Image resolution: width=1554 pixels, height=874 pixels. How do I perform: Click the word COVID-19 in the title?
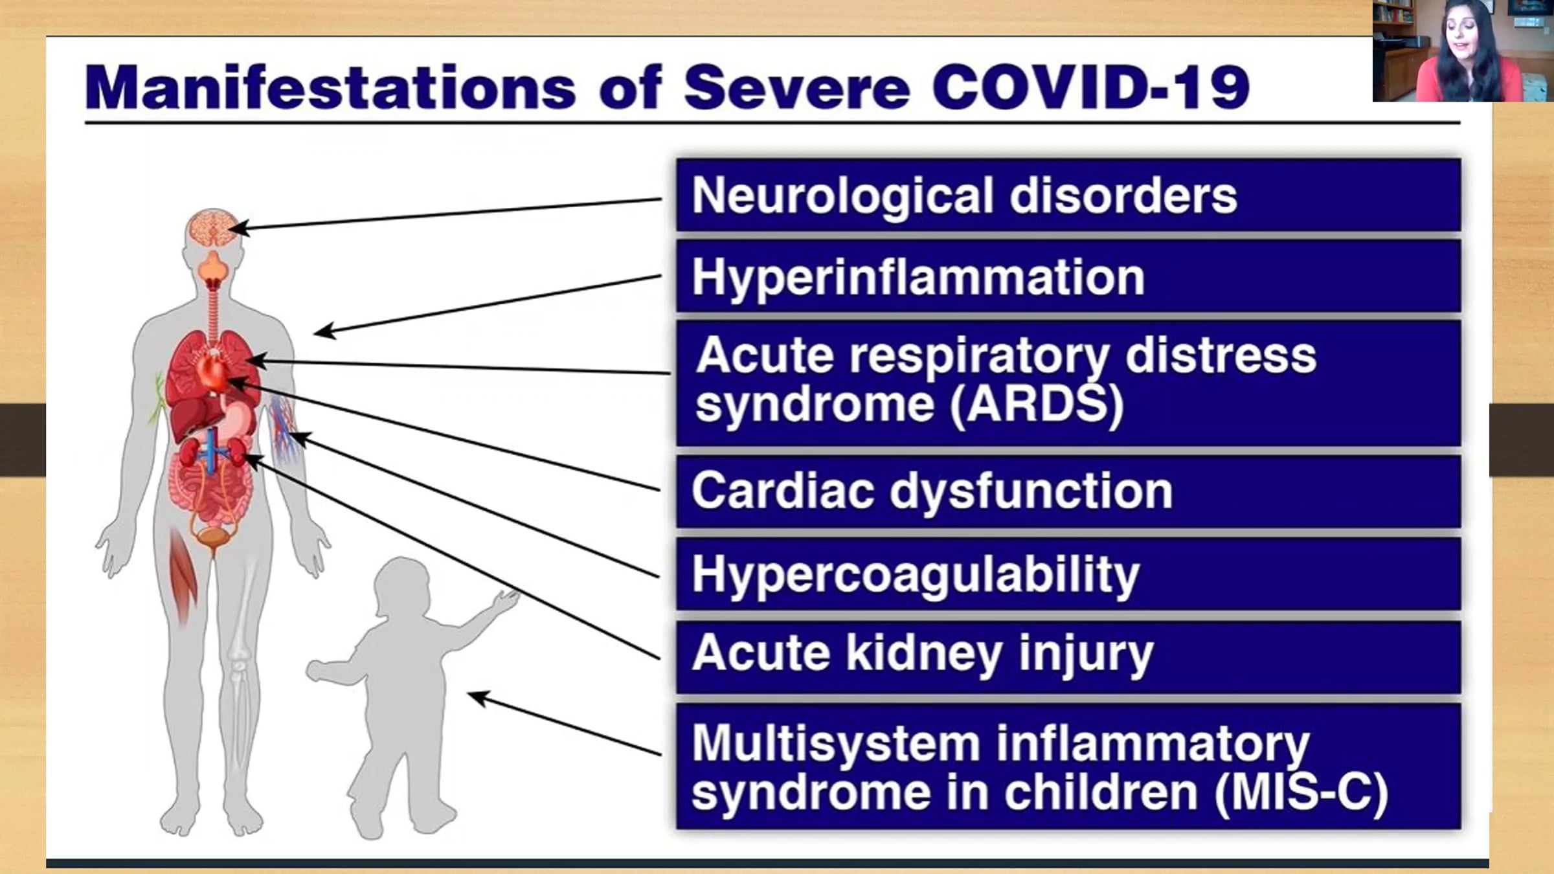coord(1090,87)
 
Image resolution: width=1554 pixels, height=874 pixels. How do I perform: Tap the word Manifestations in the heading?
coord(330,87)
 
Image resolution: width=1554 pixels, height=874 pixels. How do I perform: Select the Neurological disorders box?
coord(1068,195)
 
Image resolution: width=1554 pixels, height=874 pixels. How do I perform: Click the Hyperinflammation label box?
coord(1068,276)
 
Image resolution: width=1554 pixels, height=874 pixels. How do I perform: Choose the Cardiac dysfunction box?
coord(1068,491)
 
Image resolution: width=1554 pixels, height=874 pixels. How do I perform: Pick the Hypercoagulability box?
coord(1068,573)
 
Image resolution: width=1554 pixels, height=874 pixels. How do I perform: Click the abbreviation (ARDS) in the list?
coord(1037,405)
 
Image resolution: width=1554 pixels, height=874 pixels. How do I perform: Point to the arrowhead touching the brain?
coord(237,228)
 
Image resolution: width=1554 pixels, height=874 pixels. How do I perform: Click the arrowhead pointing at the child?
coord(478,698)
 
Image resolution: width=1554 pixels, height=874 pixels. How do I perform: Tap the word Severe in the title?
coord(796,87)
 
